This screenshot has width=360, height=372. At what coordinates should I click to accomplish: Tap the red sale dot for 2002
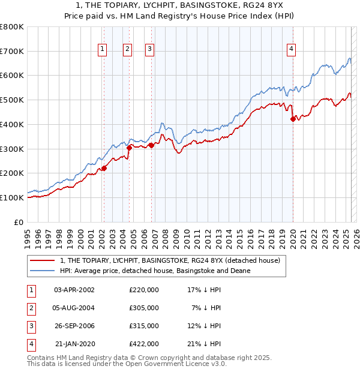coord(104,168)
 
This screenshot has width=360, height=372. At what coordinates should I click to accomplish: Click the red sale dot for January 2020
coord(293,119)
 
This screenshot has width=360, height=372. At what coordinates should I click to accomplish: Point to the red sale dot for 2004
coord(129,147)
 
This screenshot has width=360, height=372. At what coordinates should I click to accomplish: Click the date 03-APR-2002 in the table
coord(74,290)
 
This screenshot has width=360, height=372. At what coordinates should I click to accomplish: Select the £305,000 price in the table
coord(144,308)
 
